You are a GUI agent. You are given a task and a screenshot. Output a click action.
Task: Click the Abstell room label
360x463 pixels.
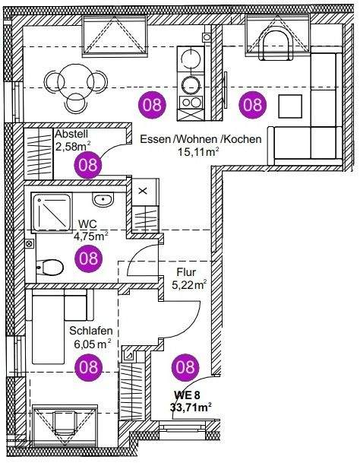(71, 134)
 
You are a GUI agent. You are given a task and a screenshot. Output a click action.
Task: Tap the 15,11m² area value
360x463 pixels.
(198, 152)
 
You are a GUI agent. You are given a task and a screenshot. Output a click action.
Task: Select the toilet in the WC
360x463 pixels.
(50, 267)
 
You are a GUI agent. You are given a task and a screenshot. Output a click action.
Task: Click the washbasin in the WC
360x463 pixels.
(103, 200)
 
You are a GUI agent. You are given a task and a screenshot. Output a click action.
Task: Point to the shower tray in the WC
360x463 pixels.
(52, 212)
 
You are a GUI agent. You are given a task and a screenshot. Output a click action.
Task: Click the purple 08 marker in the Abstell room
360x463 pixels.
(88, 165)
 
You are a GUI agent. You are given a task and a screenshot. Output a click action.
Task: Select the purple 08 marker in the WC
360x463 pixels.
(89, 258)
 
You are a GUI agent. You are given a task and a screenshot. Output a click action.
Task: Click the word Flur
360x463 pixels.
(186, 271)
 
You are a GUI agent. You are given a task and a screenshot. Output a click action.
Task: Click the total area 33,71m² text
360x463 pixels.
(191, 408)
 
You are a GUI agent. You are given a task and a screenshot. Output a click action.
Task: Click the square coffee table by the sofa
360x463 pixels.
(290, 106)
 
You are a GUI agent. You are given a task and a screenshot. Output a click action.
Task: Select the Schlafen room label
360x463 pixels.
(91, 331)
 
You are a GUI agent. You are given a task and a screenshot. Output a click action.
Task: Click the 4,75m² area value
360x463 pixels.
(90, 236)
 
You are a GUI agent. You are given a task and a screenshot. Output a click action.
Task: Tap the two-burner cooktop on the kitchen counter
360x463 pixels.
(191, 102)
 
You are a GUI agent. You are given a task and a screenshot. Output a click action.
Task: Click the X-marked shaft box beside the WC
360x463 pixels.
(143, 191)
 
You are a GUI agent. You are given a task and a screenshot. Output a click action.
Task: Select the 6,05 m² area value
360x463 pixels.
(92, 344)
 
